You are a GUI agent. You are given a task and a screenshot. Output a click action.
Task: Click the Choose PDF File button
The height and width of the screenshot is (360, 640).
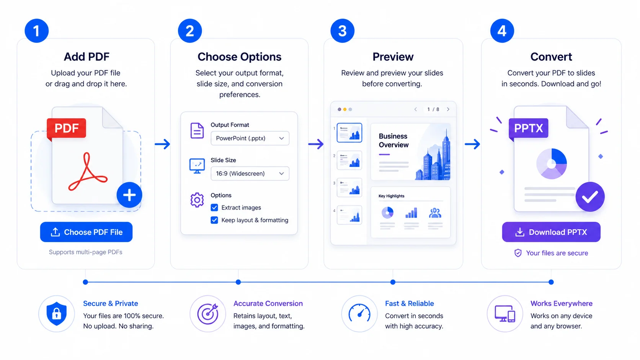tap(86, 232)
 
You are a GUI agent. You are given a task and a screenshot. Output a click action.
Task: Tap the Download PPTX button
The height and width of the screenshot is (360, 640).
tap(551, 232)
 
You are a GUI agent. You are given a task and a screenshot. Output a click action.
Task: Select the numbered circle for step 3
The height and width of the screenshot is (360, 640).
tap(342, 31)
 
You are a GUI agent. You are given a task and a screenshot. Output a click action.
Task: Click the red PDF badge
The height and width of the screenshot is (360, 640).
tap(67, 128)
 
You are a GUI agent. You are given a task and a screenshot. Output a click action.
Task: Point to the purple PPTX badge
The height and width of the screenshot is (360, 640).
tap(528, 128)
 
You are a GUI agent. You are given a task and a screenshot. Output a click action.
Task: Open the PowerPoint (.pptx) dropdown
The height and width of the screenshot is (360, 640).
tap(250, 138)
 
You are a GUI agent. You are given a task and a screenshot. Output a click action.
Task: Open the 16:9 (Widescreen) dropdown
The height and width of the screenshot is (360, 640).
tap(250, 173)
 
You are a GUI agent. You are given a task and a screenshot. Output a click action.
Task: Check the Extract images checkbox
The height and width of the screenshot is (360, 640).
tap(214, 208)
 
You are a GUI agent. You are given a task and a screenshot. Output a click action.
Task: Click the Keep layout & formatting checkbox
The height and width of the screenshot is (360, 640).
tap(214, 220)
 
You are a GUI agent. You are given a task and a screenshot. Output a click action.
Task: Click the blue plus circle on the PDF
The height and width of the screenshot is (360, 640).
tap(129, 195)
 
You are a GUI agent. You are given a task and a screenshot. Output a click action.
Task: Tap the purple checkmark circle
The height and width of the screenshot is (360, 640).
tap(590, 197)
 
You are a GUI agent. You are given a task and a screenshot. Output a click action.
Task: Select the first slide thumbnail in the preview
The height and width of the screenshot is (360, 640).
tap(349, 133)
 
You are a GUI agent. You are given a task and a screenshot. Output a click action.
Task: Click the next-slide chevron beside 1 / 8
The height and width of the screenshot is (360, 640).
tap(448, 109)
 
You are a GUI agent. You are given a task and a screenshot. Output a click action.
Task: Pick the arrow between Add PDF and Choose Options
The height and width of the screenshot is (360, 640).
tap(162, 144)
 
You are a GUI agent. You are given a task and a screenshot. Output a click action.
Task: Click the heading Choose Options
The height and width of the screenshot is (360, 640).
tap(240, 57)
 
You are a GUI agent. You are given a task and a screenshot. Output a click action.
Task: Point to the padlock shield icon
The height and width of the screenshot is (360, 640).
tap(57, 314)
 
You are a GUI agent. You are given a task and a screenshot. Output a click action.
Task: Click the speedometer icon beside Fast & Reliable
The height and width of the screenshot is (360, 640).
tap(359, 314)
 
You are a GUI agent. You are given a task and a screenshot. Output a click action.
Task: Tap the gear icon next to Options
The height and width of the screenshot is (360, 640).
tap(197, 200)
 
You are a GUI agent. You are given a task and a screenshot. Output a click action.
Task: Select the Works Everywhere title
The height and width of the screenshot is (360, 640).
tap(562, 303)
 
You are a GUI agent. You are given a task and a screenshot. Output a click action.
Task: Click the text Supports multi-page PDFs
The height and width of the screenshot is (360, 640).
tap(85, 252)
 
